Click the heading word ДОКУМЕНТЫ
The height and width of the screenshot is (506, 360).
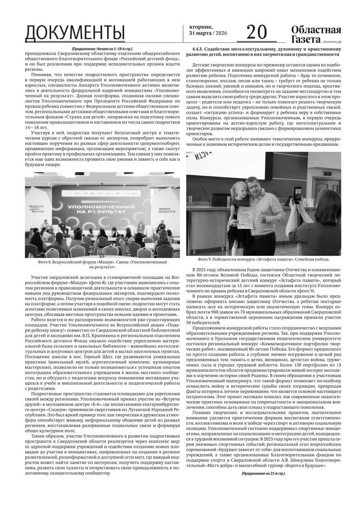coord(75,33)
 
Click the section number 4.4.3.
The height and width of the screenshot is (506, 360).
coord(200,48)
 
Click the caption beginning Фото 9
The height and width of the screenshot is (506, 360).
coord(263,260)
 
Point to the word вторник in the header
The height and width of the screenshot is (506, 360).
coord(198,27)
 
